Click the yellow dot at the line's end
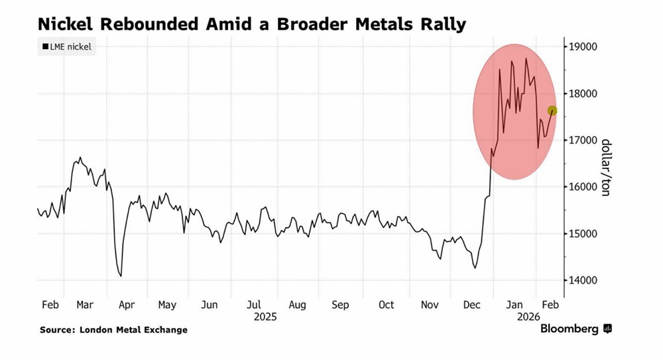click(552, 111)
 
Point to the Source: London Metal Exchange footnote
click(113, 330)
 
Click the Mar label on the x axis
click(84, 305)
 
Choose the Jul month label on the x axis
click(254, 305)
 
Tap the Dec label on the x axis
click(472, 305)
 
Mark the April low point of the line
click(121, 276)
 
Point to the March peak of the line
click(80, 158)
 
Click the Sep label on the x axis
click(340, 305)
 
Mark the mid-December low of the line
click(475, 268)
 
